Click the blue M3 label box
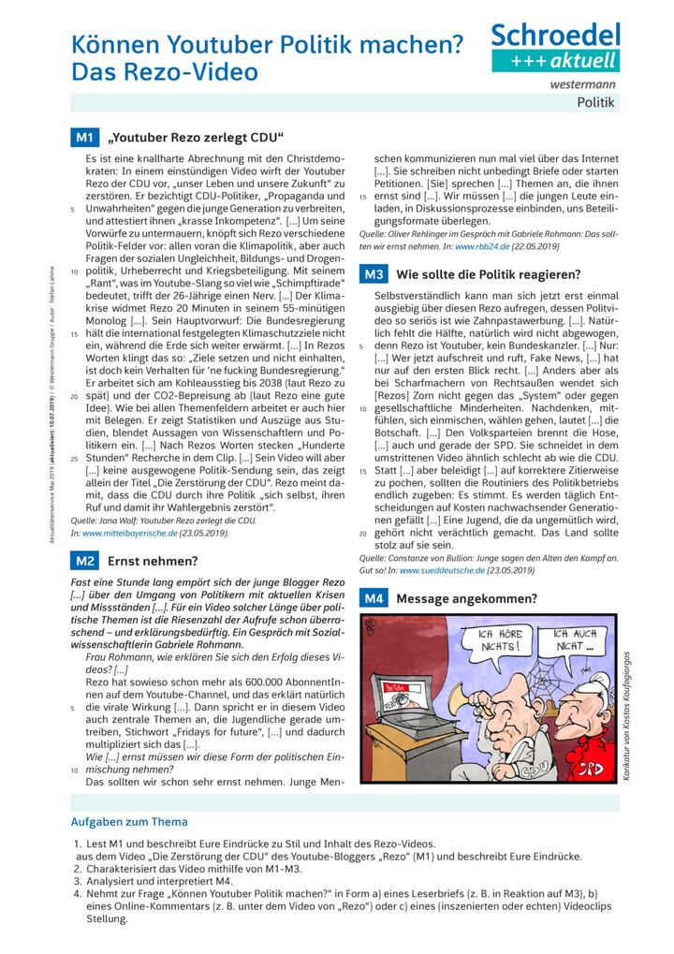(374, 274)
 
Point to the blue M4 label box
(374, 598)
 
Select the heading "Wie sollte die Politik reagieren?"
(489, 274)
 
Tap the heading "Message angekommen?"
(467, 598)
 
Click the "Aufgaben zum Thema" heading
(129, 822)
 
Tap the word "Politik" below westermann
(595, 102)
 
